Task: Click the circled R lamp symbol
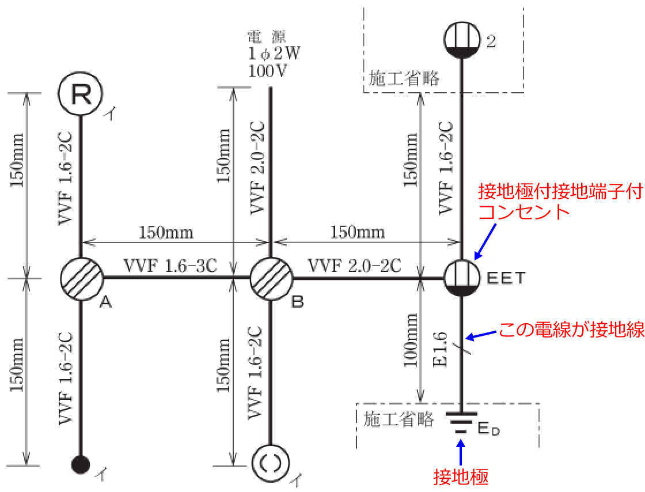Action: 81,94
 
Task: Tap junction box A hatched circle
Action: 81,279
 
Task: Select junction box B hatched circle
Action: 271,279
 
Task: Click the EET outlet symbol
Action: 462,278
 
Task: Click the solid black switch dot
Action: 80,465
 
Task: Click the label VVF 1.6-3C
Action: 170,266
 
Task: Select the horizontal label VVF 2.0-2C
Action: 355,266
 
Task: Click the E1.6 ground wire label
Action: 440,349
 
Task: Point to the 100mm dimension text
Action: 410,340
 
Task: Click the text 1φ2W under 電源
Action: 274,54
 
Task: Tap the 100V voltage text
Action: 267,71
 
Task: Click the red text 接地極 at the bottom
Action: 461,477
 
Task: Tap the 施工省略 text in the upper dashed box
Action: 404,78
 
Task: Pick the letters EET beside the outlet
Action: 506,278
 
